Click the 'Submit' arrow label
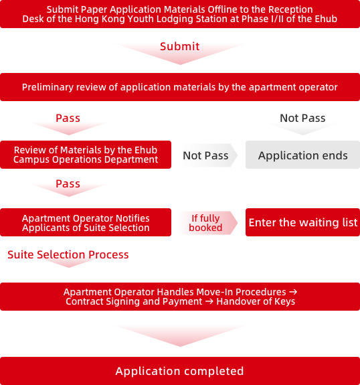[179, 46]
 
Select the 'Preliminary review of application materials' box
[180, 87]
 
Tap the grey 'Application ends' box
[302, 155]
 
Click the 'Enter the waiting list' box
[302, 222]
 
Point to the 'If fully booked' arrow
[207, 223]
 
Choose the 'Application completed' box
[180, 371]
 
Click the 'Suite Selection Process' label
[68, 254]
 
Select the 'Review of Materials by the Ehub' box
[86, 155]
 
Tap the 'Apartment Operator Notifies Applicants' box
[86, 222]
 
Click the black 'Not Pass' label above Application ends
[302, 118]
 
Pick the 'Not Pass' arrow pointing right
[207, 155]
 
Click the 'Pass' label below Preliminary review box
[68, 118]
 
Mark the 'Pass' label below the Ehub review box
[68, 183]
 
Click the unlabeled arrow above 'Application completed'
[180, 335]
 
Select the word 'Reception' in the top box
[290, 9]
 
